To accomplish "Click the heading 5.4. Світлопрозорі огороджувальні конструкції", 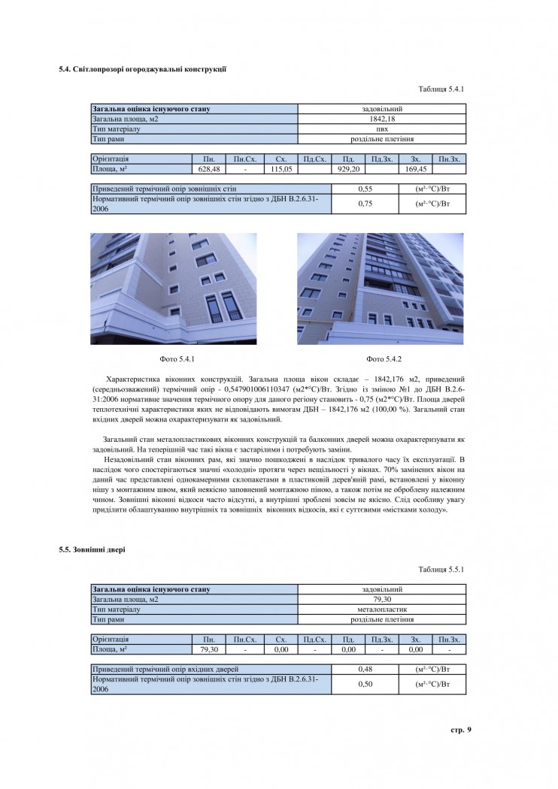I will pyautogui.click(x=143, y=69).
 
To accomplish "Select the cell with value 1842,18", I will pyautogui.click(x=382, y=119).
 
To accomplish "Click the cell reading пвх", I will pyautogui.click(x=382, y=128).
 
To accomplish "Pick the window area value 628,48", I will pyautogui.click(x=209, y=169).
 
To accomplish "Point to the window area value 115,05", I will pyautogui.click(x=281, y=169).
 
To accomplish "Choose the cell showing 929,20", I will pyautogui.click(x=348, y=169).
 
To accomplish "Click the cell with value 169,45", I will pyautogui.click(x=415, y=169).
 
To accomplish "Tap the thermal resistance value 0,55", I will pyautogui.click(x=365, y=189).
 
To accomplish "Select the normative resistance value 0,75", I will pyautogui.click(x=365, y=204).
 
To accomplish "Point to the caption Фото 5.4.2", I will pyautogui.click(x=384, y=358).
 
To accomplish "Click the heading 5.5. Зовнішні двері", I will pyautogui.click(x=92, y=550).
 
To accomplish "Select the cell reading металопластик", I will pyautogui.click(x=382, y=609).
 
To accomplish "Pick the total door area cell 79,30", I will pyautogui.click(x=382, y=600).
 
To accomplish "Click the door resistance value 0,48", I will pyautogui.click(x=365, y=669).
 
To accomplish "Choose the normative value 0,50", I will pyautogui.click(x=365, y=684).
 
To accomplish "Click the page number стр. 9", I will pyautogui.click(x=460, y=730).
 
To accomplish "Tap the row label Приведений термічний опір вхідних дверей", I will pyautogui.click(x=165, y=669).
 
